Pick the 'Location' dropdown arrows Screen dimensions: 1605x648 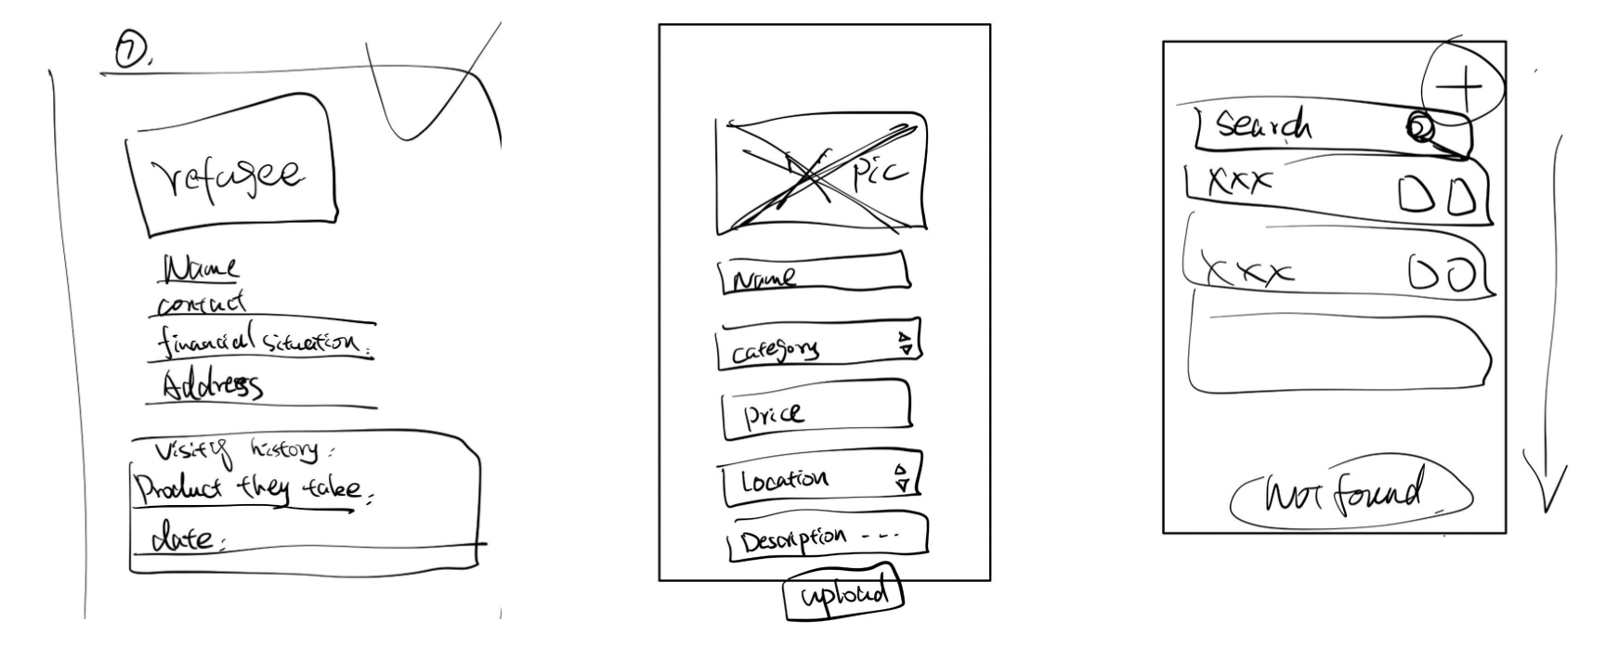[901, 478]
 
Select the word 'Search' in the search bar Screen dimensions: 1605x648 [1264, 125]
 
